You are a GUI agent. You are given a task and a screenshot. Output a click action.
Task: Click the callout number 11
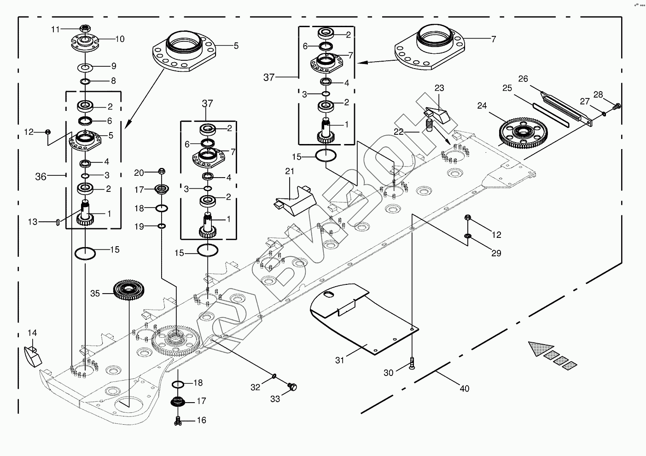(x=55, y=29)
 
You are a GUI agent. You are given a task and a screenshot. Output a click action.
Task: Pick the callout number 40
(x=465, y=389)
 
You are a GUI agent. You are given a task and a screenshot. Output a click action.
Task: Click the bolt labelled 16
(x=178, y=419)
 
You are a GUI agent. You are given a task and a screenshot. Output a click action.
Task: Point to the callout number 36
(x=41, y=177)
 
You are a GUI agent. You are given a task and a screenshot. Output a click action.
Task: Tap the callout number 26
(x=523, y=79)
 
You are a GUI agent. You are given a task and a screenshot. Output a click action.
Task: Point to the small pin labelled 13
(x=57, y=222)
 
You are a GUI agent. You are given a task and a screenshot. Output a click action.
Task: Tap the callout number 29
(x=496, y=253)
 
